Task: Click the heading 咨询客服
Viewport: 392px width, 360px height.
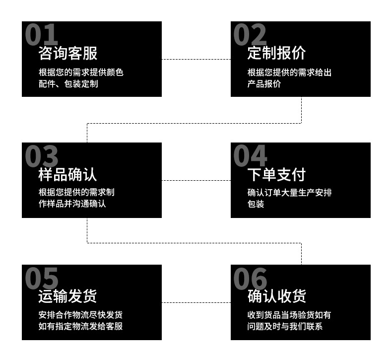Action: coord(67,53)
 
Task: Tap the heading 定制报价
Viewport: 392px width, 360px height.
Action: coord(276,53)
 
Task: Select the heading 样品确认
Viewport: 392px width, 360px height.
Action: coord(67,174)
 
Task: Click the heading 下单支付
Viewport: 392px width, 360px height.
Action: coord(276,174)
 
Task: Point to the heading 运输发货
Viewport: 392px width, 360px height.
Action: coord(67,296)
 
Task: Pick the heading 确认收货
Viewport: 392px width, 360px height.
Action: coord(276,296)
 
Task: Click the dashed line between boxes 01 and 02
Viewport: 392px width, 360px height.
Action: coord(196,59)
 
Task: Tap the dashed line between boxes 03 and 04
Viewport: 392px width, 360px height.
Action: coord(196,180)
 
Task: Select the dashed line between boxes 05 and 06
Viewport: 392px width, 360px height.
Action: coord(196,302)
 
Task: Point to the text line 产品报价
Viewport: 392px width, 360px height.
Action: coord(264,84)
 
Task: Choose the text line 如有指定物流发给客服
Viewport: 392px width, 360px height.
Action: coord(80,326)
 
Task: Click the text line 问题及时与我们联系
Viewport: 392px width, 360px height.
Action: coord(285,326)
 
